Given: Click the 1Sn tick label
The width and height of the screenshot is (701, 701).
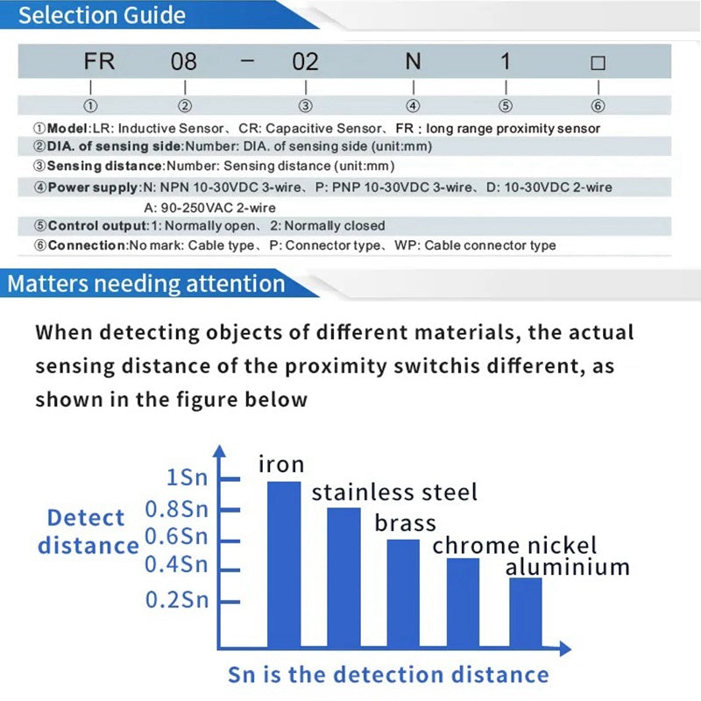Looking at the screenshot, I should [187, 478].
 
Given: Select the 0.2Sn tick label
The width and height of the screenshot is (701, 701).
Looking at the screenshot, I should [176, 601].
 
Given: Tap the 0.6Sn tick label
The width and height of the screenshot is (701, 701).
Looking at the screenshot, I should [176, 535].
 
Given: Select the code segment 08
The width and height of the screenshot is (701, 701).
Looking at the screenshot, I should [183, 62].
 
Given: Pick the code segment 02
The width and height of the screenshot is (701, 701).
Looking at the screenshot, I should [304, 62].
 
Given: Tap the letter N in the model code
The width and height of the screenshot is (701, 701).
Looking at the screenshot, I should [413, 62].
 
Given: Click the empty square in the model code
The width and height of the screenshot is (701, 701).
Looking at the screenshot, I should [598, 63].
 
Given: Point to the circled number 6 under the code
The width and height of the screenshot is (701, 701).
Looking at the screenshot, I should [598, 106].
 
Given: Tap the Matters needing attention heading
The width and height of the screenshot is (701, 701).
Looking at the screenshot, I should [146, 284].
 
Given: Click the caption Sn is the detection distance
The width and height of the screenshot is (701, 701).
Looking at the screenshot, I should [388, 675].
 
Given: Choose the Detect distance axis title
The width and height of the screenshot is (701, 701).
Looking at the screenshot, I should [88, 532].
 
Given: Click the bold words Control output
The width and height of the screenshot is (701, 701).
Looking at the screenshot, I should [97, 225].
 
